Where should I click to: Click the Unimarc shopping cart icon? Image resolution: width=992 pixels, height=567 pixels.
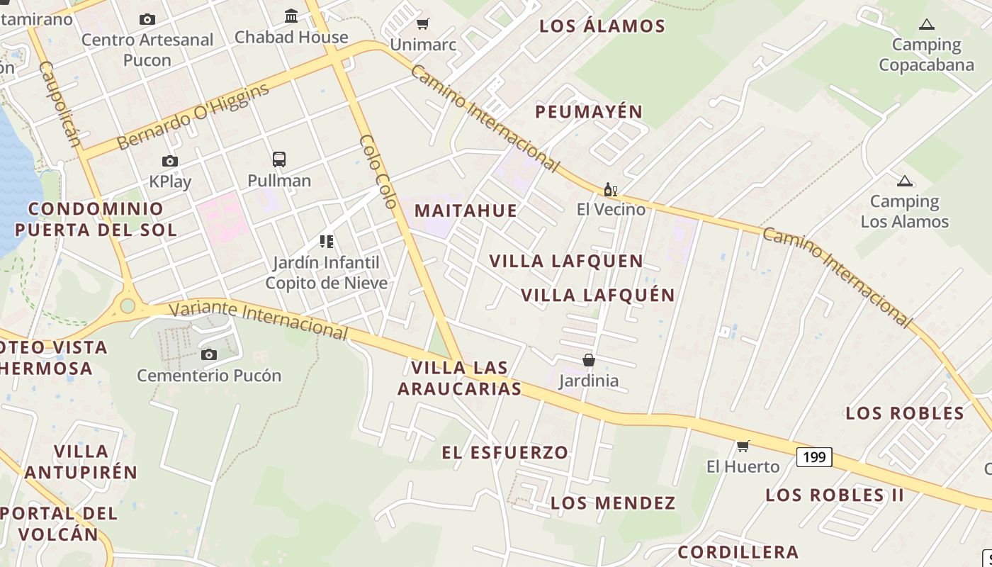423,24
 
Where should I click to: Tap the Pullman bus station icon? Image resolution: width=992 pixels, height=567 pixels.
279,159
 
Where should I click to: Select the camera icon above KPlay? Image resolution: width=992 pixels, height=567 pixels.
170,162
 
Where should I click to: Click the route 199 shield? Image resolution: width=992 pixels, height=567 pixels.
814,457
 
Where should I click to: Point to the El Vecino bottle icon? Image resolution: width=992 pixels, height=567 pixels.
610,189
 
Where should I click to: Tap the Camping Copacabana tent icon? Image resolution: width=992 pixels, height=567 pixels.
926,25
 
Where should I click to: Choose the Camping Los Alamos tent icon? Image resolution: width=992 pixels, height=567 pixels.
904,181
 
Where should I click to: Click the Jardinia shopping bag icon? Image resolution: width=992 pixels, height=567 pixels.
588,361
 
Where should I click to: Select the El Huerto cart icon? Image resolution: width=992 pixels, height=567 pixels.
743,446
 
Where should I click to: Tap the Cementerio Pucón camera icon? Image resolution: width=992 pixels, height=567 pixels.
208,354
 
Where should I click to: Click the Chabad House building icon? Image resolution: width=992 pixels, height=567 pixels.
291,16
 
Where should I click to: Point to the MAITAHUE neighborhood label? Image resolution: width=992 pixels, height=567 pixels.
466,210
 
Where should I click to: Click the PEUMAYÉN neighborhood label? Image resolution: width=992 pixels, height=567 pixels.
588,111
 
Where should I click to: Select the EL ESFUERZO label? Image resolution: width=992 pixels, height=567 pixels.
505,452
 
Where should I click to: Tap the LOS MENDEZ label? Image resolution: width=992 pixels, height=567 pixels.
613,503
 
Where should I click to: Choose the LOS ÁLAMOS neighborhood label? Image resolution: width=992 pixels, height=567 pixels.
602,26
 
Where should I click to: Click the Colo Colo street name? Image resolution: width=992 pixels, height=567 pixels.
378,171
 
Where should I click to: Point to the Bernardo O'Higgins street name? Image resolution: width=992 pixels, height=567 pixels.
193,116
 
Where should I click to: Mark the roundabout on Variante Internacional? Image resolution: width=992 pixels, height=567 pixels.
128,305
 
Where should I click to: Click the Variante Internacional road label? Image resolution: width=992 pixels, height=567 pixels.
259,319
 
